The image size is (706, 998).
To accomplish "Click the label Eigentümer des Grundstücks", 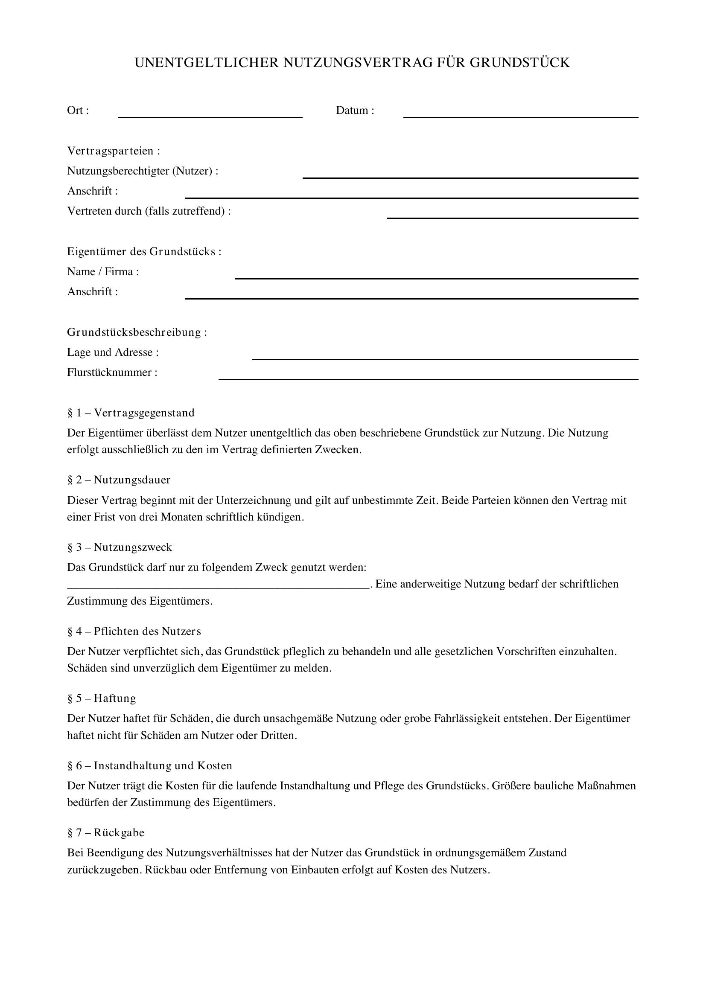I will coord(144,252).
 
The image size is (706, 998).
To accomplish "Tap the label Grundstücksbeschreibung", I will coord(137,332).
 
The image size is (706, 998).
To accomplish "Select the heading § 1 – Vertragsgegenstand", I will coord(131,413).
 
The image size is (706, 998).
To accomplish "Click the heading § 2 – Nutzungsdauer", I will coord(119,480).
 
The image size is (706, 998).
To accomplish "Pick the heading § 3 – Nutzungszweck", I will coord(120,547).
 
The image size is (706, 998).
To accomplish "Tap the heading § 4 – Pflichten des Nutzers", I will coord(134,631).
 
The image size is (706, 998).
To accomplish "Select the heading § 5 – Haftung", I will coord(102,698).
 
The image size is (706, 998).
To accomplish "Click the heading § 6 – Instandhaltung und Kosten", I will coord(149,765).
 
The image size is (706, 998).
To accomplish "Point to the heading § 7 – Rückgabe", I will coord(105,832).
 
